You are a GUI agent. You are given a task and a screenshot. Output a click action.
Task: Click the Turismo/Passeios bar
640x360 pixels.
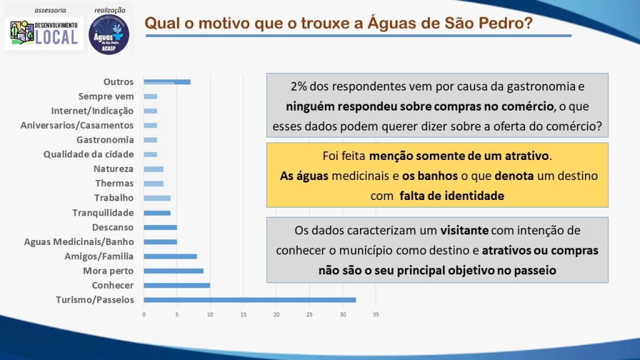pyautogui.click(x=250, y=300)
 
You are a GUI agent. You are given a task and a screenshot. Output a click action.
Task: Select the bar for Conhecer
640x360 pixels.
pyautogui.click(x=177, y=286)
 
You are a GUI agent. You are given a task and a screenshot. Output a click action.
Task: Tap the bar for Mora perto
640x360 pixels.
pyautogui.click(x=174, y=271)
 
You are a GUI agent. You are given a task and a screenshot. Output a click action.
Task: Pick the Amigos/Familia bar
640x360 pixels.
pyautogui.click(x=170, y=256)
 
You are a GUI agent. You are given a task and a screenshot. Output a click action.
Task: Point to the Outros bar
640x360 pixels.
pyautogui.click(x=167, y=82)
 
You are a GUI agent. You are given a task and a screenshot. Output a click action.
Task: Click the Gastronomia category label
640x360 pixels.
pyautogui.click(x=105, y=140)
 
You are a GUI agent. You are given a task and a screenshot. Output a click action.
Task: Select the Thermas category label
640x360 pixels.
pyautogui.click(x=114, y=183)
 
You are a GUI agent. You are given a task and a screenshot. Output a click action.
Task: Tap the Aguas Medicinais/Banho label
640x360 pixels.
pyautogui.click(x=79, y=242)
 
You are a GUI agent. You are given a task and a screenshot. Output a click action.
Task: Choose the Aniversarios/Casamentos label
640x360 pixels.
pyautogui.click(x=77, y=125)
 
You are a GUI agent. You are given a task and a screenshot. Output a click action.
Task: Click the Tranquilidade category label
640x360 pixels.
pyautogui.click(x=103, y=212)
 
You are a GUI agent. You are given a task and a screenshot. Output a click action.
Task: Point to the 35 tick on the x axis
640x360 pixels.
pyautogui.click(x=376, y=315)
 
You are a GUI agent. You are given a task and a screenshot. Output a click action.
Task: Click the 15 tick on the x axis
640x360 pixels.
pyautogui.click(x=243, y=315)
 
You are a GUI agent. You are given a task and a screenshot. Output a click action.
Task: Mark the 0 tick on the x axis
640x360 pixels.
pyautogui.click(x=144, y=315)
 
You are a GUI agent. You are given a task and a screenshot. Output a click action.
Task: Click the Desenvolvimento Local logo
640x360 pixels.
pyautogui.click(x=44, y=34)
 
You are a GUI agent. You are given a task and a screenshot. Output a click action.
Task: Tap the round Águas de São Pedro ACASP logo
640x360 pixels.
pyautogui.click(x=109, y=34)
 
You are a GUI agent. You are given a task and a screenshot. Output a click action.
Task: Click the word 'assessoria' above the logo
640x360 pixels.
pyautogui.click(x=50, y=10)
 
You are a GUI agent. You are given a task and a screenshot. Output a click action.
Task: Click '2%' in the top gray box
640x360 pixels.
pyautogui.click(x=299, y=86)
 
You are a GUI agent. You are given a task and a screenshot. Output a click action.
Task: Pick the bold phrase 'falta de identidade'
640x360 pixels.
pyautogui.click(x=452, y=196)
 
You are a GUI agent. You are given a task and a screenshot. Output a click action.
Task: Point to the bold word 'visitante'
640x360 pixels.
pyautogui.click(x=464, y=231)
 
